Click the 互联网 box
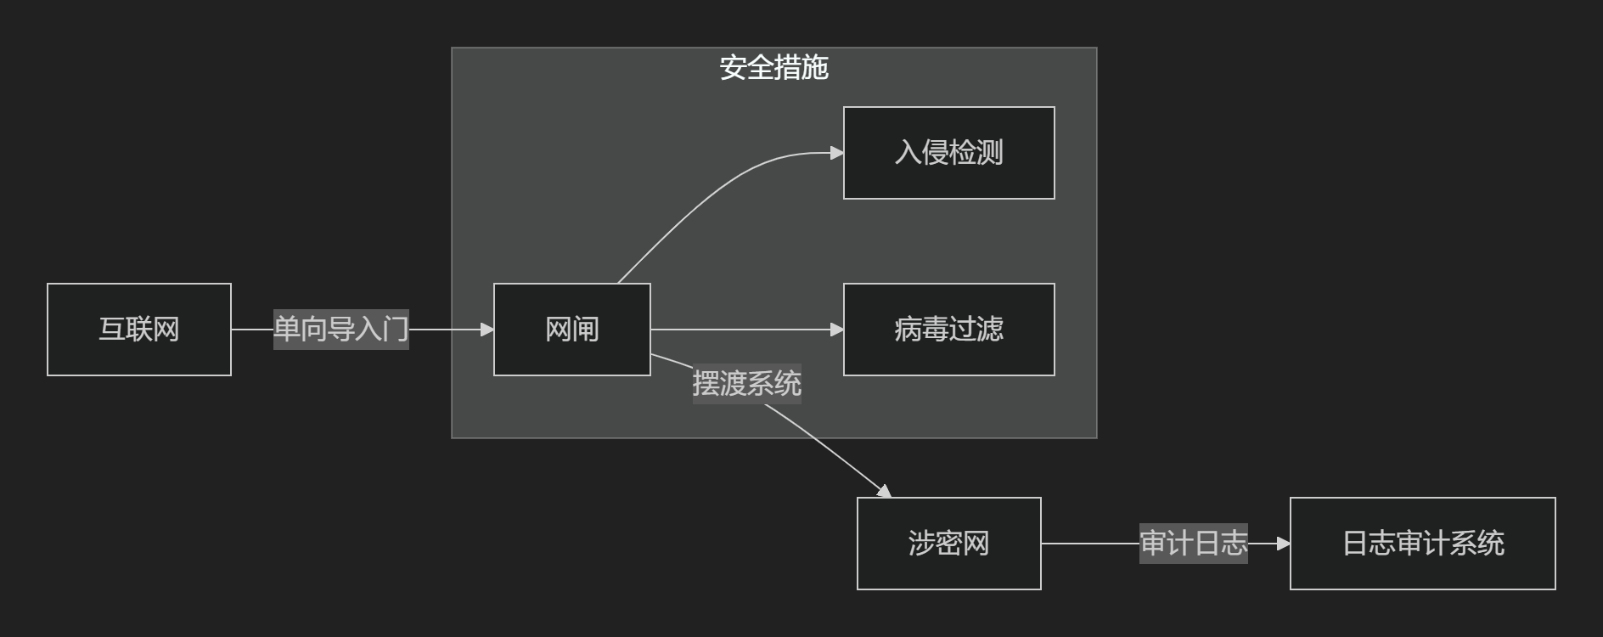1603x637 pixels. click(x=139, y=330)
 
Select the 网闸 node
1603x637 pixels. click(x=572, y=330)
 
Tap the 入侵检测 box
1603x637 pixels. click(x=948, y=153)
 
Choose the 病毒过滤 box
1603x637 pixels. click(x=948, y=330)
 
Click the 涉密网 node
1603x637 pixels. click(x=948, y=544)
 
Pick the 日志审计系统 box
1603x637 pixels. click(x=1422, y=544)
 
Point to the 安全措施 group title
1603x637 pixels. click(x=773, y=68)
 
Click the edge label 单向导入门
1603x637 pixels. click(x=340, y=330)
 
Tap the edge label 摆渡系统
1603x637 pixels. click(x=746, y=384)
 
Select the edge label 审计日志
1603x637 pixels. click(x=1193, y=544)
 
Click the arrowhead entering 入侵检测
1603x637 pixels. click(x=837, y=153)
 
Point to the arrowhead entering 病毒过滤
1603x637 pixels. click(x=837, y=330)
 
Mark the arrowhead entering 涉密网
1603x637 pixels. click(x=884, y=491)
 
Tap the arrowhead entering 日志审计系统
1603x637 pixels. click(x=1284, y=544)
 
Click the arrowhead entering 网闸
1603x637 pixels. click(x=487, y=330)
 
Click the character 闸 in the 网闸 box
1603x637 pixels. click(x=586, y=330)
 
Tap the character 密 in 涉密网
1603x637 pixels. click(x=948, y=544)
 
